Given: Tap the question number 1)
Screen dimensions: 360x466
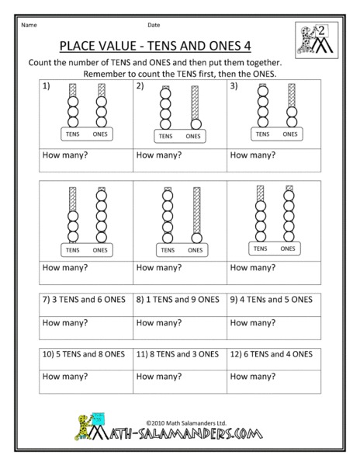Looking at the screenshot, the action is (x=47, y=87).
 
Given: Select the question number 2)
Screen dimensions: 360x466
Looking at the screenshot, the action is (x=140, y=87).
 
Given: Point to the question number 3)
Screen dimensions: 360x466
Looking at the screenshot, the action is (x=234, y=87).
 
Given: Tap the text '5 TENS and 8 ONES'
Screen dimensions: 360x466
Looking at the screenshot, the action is (x=88, y=353).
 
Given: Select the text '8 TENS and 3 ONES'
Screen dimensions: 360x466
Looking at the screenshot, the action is (x=181, y=353).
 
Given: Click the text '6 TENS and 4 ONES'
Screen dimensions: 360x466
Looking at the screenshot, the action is (x=274, y=353).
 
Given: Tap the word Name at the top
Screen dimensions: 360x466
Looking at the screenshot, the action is (x=29, y=24).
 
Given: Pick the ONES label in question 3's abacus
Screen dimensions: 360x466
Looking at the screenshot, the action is (x=289, y=134).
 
